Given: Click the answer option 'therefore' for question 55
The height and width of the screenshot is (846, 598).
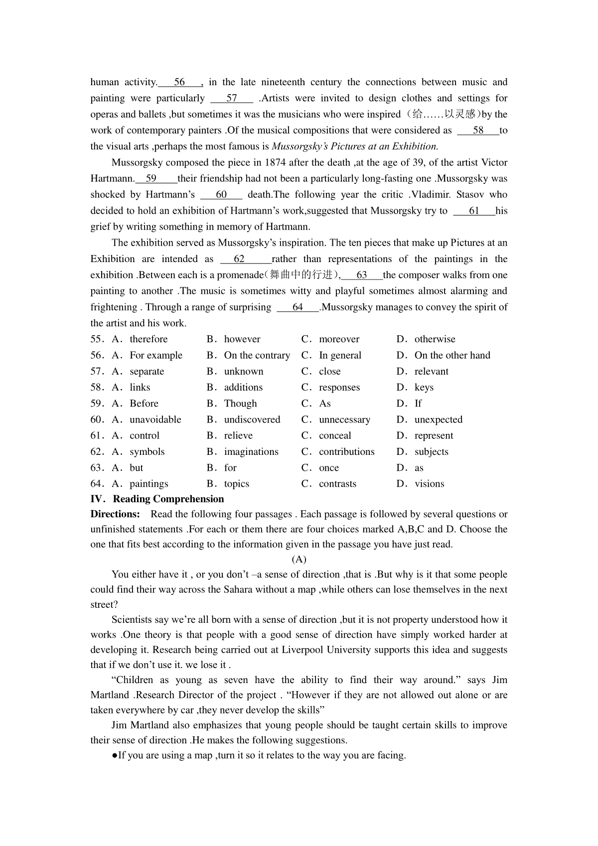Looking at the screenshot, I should point(149,339).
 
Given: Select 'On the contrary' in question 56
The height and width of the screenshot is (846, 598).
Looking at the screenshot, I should point(257,355).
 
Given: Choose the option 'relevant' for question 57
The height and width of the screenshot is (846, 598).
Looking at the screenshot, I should point(431,371).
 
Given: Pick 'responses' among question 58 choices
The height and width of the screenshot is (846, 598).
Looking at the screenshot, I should point(339,387).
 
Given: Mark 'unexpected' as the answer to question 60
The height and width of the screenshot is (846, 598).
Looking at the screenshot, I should point(438,420).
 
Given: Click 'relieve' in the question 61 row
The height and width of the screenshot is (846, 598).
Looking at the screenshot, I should point(238,435).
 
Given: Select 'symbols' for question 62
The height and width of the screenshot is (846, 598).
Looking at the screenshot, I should point(147,452).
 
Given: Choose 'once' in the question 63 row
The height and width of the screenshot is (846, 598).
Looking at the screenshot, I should point(329,468).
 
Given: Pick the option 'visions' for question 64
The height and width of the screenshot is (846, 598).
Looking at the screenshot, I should point(429,484).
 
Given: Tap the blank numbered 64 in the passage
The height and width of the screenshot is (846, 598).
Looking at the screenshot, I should point(298,307).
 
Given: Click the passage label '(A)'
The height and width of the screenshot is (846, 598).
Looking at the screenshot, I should point(299,559).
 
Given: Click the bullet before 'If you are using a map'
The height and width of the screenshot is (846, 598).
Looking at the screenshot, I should point(115,755).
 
